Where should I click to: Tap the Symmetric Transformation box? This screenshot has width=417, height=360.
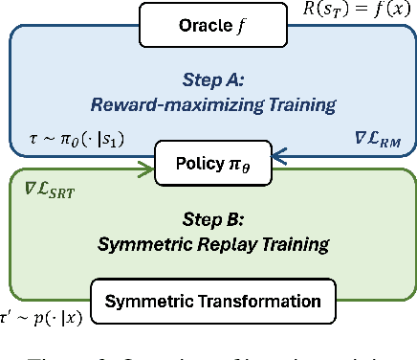212,302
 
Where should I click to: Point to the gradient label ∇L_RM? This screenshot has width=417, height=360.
365,142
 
